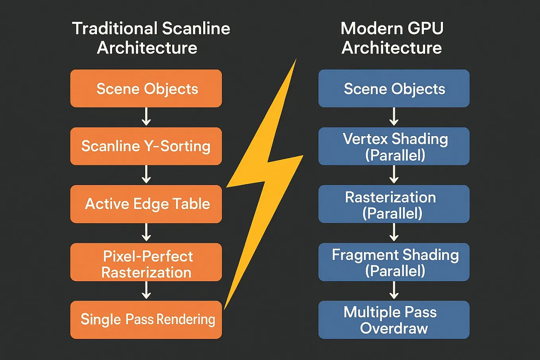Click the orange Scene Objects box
[146, 88]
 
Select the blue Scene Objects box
[394, 88]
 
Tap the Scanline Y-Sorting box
[146, 146]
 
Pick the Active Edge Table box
[146, 204]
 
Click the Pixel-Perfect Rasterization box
[146, 262]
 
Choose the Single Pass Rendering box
[146, 319]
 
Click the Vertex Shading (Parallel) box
[394, 146]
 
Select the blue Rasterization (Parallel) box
[394, 204]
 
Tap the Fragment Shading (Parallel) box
[394, 262]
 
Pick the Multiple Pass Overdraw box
[394, 319]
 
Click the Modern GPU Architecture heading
[392, 38]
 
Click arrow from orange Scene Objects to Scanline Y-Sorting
[146, 117]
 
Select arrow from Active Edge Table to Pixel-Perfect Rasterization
[146, 232]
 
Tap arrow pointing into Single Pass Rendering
[146, 290]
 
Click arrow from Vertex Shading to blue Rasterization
[394, 175]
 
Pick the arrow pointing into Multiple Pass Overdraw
[394, 290]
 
